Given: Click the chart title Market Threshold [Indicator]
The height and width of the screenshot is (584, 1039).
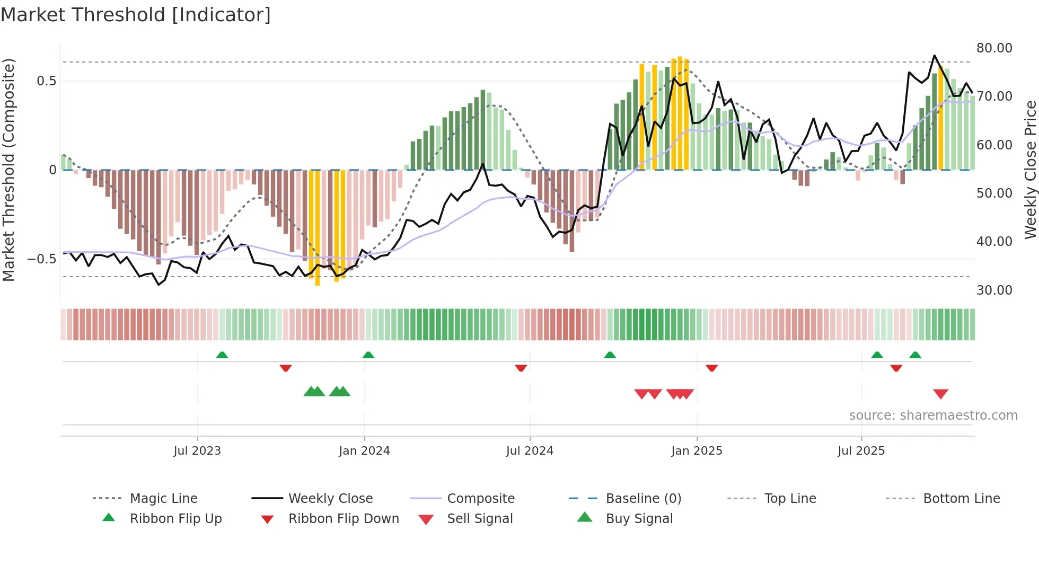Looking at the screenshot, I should click(136, 15).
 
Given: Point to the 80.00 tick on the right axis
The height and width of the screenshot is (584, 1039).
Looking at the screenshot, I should click(994, 48).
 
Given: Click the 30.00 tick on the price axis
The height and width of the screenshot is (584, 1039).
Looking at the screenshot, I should click(994, 290).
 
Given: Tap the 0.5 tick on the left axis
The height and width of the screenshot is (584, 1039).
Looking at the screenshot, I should click(46, 81).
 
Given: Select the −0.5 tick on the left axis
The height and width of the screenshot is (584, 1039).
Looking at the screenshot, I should click(42, 259).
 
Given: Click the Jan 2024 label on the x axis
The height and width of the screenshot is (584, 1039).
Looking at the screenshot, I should click(364, 451).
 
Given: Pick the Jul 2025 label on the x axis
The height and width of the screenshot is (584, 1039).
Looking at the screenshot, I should click(861, 451).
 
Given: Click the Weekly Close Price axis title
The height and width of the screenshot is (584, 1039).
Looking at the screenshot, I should click(1029, 170).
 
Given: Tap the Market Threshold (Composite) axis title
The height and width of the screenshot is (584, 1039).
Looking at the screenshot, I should click(8, 170).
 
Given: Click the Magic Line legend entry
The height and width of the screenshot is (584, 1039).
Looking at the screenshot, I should click(163, 499).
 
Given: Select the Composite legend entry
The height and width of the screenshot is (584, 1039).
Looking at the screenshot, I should click(480, 499).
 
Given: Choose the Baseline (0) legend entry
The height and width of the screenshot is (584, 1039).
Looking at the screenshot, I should click(643, 499).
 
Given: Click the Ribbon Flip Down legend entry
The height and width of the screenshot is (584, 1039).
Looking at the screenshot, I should click(343, 519).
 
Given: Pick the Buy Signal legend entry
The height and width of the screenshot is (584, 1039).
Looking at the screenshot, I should click(639, 519).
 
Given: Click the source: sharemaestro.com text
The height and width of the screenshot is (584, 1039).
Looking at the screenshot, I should click(933, 415).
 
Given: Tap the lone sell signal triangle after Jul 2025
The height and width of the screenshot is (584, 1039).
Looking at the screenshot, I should click(940, 394).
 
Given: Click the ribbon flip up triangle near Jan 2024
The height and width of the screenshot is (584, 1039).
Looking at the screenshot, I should click(368, 355).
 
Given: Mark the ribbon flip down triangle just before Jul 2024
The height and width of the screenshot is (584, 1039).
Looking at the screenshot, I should click(521, 368).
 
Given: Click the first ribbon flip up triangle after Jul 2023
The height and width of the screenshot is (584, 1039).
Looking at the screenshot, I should click(222, 355).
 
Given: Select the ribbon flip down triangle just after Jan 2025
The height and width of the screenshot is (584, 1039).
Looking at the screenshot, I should click(711, 368).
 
